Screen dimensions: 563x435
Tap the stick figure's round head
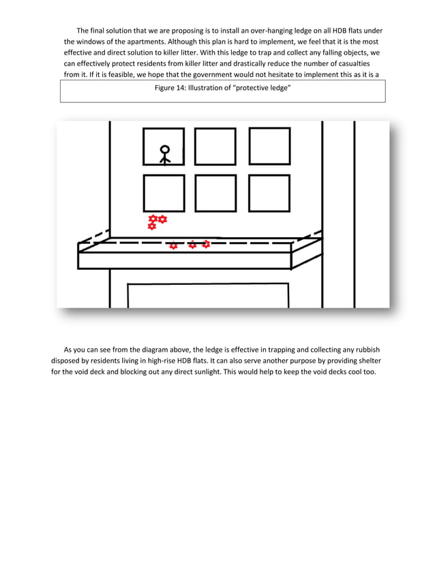point(164,149)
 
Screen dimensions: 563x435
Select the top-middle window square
point(215,147)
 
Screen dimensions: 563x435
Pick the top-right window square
point(269,146)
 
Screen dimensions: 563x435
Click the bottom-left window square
point(164,193)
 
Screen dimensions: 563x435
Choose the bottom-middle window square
point(215,193)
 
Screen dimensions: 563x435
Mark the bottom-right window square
point(269,193)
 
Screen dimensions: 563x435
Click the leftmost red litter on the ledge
point(173,245)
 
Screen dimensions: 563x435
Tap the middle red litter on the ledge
point(192,245)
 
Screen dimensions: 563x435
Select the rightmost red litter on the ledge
point(206,244)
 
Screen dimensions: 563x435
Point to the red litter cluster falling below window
point(156,222)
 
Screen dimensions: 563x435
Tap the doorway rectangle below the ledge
point(208,296)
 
